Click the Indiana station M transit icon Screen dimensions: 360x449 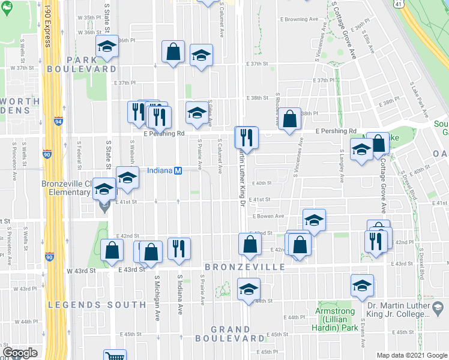tap(178, 171)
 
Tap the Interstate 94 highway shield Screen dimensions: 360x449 tap(58, 121)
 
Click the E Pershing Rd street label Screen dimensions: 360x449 tap(163, 134)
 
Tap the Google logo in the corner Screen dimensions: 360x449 tap(20, 353)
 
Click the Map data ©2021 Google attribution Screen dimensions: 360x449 tap(412, 355)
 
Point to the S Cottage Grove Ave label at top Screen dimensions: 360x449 tap(345, 30)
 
